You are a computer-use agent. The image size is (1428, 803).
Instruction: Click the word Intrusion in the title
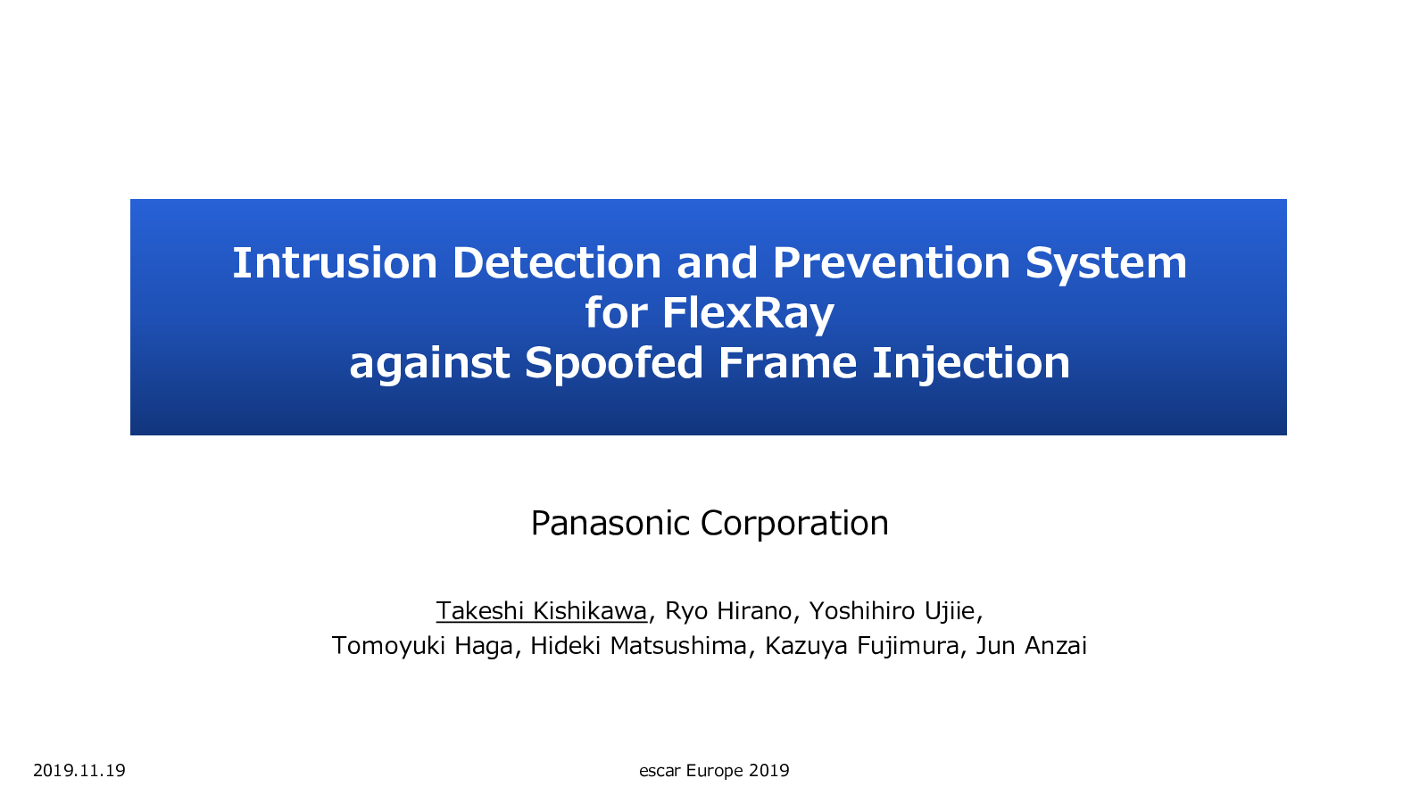pos(335,262)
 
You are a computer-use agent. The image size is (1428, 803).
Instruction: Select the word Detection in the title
pos(557,262)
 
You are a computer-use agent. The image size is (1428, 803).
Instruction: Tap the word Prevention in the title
pos(892,262)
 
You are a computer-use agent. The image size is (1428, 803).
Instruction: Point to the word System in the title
pos(1106,264)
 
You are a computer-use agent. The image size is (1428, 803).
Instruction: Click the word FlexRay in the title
pos(749,314)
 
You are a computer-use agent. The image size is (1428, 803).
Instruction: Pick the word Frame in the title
pos(786,362)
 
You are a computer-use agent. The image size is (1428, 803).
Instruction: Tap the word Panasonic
pos(610,523)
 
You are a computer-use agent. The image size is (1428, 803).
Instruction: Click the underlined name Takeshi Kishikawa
pos(542,610)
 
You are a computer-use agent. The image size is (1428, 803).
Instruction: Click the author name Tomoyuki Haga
pos(422,646)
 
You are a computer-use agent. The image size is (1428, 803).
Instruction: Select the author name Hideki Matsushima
pos(638,646)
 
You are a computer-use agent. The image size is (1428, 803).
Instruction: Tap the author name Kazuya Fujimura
pos(862,646)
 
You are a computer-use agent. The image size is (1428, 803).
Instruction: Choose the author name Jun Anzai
pos(1032,646)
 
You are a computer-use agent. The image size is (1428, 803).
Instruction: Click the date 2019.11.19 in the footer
pos(79,771)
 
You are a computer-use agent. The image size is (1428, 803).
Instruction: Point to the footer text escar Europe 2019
pos(714,771)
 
